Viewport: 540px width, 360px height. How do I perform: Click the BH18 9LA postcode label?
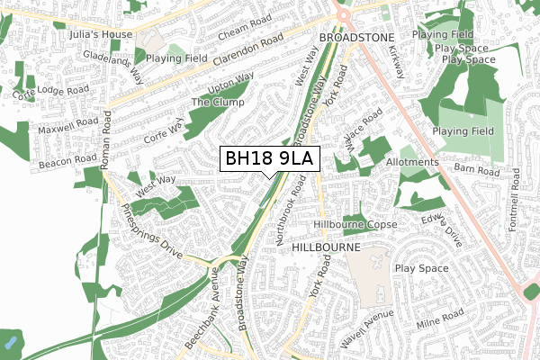268,158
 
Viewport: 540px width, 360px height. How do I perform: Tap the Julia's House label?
99,35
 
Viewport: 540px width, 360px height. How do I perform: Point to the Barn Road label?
475,170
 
